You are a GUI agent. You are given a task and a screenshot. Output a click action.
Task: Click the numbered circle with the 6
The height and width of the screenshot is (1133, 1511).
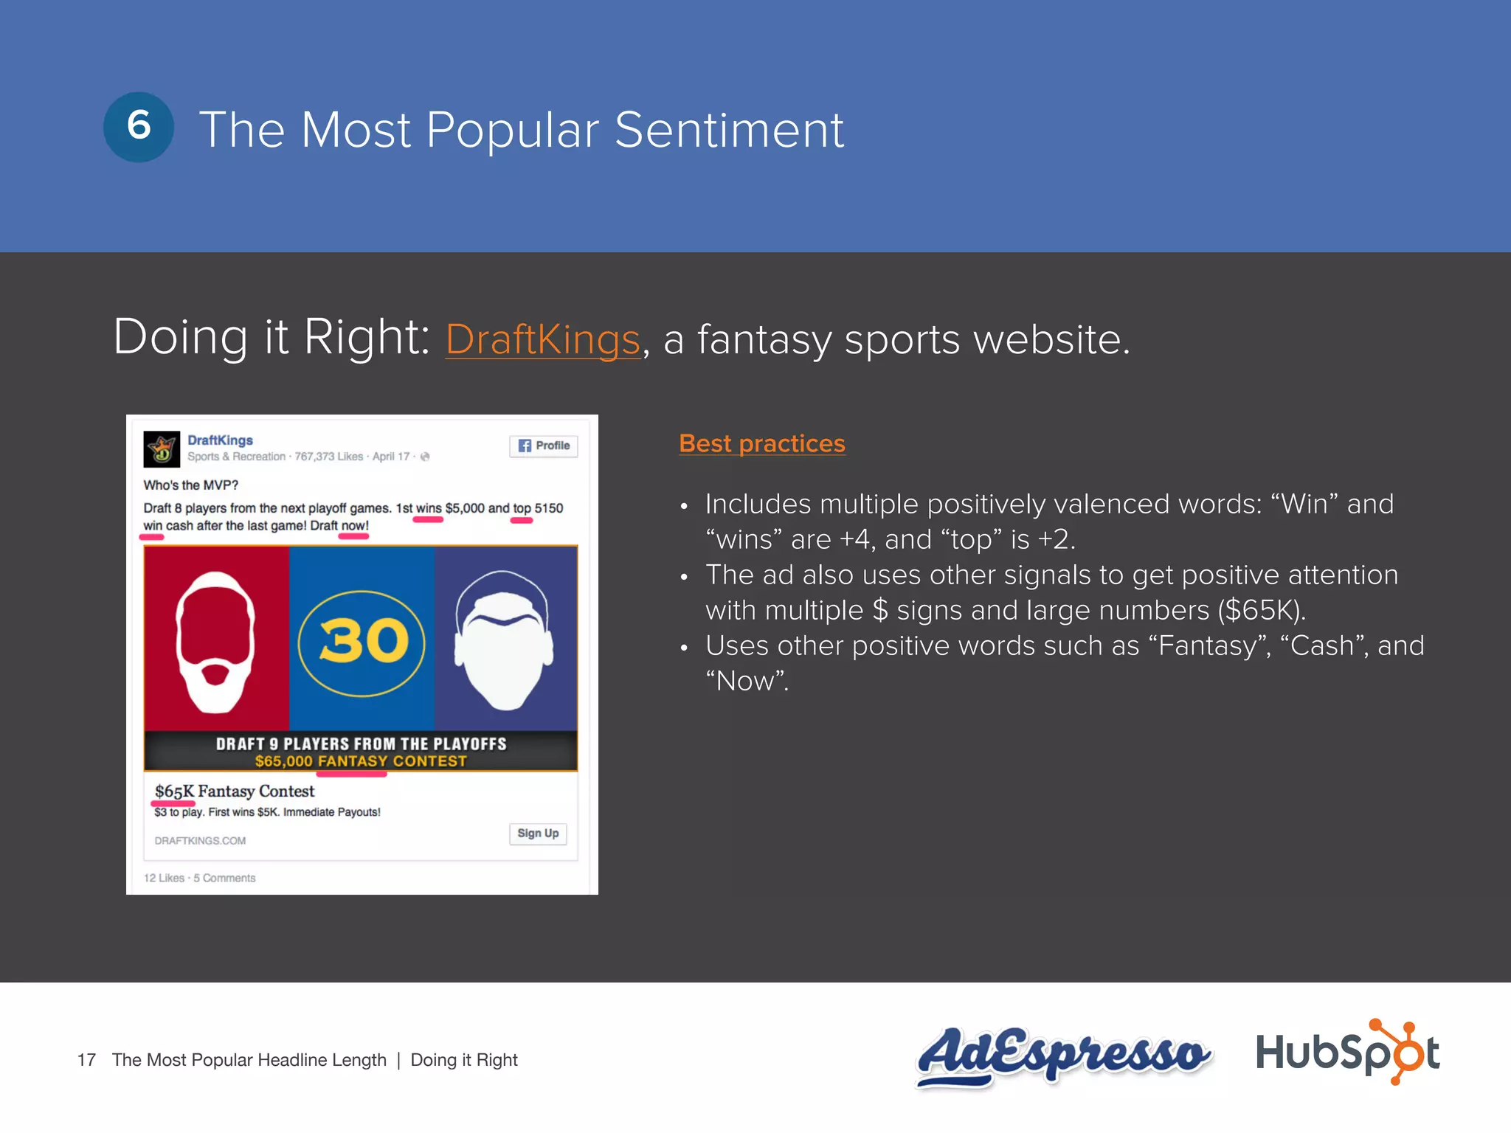(139, 127)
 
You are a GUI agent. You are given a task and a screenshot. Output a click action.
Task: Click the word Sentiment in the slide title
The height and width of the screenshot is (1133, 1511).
(729, 130)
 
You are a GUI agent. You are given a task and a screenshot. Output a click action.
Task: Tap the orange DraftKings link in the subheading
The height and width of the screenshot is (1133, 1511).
(542, 340)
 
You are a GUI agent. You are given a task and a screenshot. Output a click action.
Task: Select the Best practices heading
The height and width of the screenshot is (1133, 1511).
(762, 443)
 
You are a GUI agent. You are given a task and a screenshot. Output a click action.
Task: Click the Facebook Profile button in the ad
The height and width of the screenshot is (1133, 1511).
(544, 446)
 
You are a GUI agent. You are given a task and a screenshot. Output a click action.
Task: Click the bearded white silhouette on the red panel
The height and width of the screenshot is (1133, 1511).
(215, 642)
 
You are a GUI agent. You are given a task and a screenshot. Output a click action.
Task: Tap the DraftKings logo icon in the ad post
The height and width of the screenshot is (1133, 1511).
(162, 448)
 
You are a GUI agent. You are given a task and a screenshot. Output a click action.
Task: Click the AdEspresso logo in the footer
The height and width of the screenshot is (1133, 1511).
(1062, 1055)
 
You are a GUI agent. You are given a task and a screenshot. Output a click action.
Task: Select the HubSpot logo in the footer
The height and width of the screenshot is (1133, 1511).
(1347, 1052)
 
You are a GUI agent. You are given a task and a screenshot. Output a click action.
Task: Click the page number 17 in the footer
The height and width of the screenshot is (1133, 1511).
(86, 1060)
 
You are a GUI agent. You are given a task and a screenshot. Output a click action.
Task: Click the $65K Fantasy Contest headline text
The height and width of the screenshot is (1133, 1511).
(235, 791)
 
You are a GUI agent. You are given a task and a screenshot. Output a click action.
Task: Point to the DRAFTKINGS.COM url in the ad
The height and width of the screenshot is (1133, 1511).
(200, 841)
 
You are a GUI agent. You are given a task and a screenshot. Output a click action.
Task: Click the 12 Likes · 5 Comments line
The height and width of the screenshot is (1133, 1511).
(199, 878)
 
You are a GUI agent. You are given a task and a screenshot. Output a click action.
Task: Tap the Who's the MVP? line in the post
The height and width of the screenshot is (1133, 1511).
(190, 485)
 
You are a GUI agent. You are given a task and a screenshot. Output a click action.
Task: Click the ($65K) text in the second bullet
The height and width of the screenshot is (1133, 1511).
(1261, 611)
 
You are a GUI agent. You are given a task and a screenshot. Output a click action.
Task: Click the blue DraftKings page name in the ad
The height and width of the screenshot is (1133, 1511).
(220, 440)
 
